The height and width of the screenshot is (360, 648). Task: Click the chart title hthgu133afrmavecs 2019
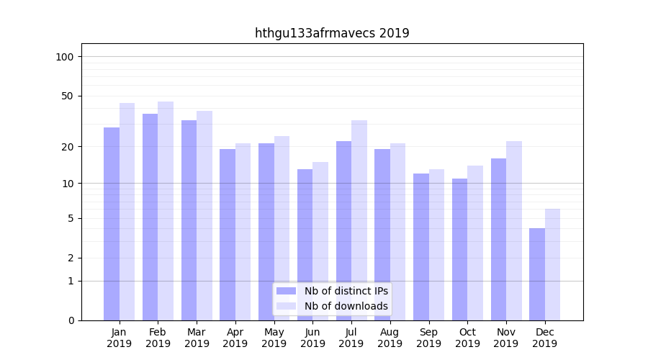point(332,33)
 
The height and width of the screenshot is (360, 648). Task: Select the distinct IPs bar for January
point(112,223)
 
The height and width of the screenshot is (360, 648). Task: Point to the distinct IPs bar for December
point(537,274)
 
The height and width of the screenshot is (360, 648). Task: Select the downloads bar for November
point(514,230)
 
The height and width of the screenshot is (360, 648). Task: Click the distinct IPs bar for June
point(305,244)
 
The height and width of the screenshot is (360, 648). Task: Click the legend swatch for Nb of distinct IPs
point(286,291)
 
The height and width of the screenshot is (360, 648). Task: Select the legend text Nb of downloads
point(346,306)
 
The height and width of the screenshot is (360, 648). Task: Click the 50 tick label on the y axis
point(68,96)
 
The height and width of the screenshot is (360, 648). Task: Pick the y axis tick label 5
point(71,218)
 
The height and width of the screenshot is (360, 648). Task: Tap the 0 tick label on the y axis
point(71,320)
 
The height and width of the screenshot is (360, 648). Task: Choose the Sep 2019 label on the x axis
point(428,338)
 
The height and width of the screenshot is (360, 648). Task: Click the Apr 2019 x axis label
point(235,338)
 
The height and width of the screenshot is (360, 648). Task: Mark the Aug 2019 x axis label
point(390,338)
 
